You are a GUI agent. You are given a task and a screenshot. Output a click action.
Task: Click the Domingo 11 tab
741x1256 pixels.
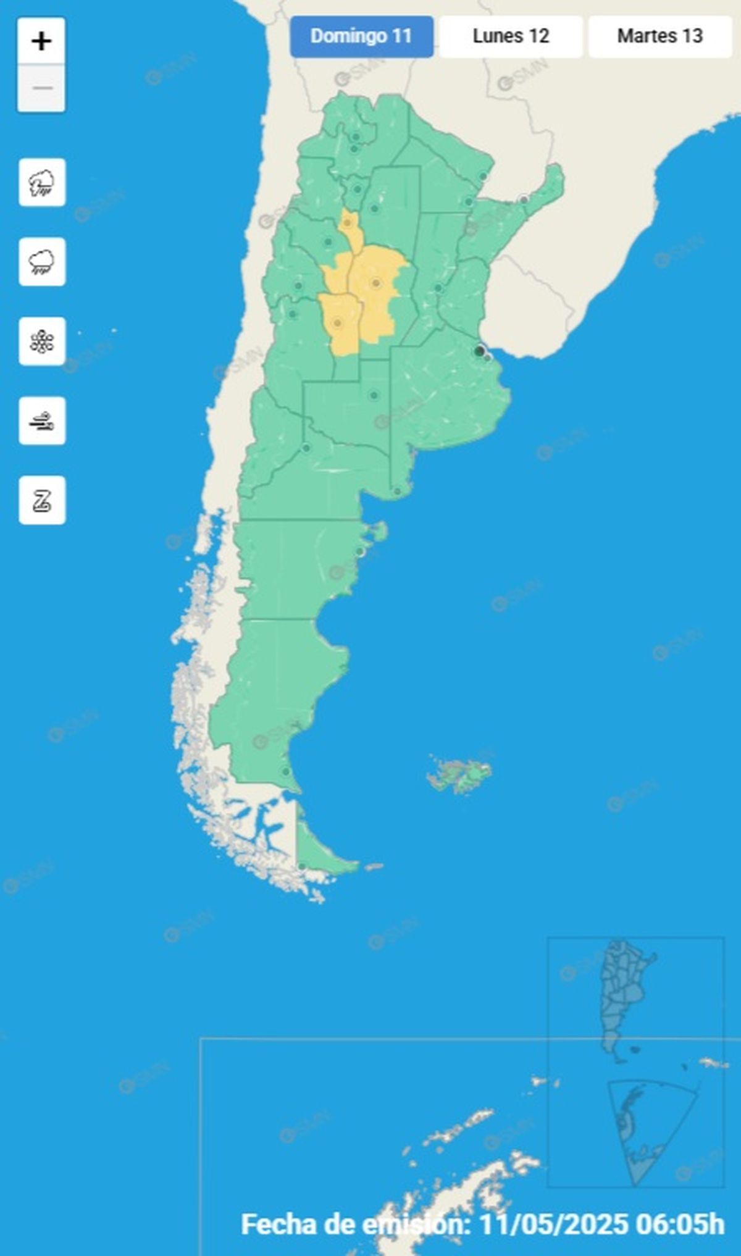pyautogui.click(x=361, y=36)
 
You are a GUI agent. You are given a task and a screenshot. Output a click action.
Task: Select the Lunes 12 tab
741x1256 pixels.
pyautogui.click(x=511, y=36)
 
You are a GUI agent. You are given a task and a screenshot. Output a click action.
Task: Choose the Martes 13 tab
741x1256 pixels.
pyautogui.click(x=659, y=36)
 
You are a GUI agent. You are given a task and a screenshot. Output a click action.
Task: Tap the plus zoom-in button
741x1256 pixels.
pyautogui.click(x=41, y=41)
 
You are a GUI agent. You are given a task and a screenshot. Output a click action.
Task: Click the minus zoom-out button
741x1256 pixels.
pyautogui.click(x=41, y=88)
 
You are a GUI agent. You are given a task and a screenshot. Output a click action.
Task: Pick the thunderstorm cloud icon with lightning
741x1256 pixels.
pyautogui.click(x=42, y=183)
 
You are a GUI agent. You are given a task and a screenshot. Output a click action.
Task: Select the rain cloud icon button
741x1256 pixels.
pyautogui.click(x=42, y=262)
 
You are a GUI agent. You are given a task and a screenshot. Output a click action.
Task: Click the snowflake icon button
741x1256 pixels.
pyautogui.click(x=42, y=341)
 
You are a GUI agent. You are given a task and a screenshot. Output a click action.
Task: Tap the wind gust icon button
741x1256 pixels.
pyautogui.click(x=42, y=421)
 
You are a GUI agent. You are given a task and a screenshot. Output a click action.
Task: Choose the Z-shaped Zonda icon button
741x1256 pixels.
pyautogui.click(x=42, y=500)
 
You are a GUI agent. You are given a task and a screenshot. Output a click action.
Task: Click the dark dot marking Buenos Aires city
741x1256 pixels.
pyautogui.click(x=479, y=351)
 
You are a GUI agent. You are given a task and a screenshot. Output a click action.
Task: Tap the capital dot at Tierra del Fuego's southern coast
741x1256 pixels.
pyautogui.click(x=302, y=867)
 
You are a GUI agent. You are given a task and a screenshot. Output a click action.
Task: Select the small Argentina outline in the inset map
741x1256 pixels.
pyautogui.click(x=624, y=994)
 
